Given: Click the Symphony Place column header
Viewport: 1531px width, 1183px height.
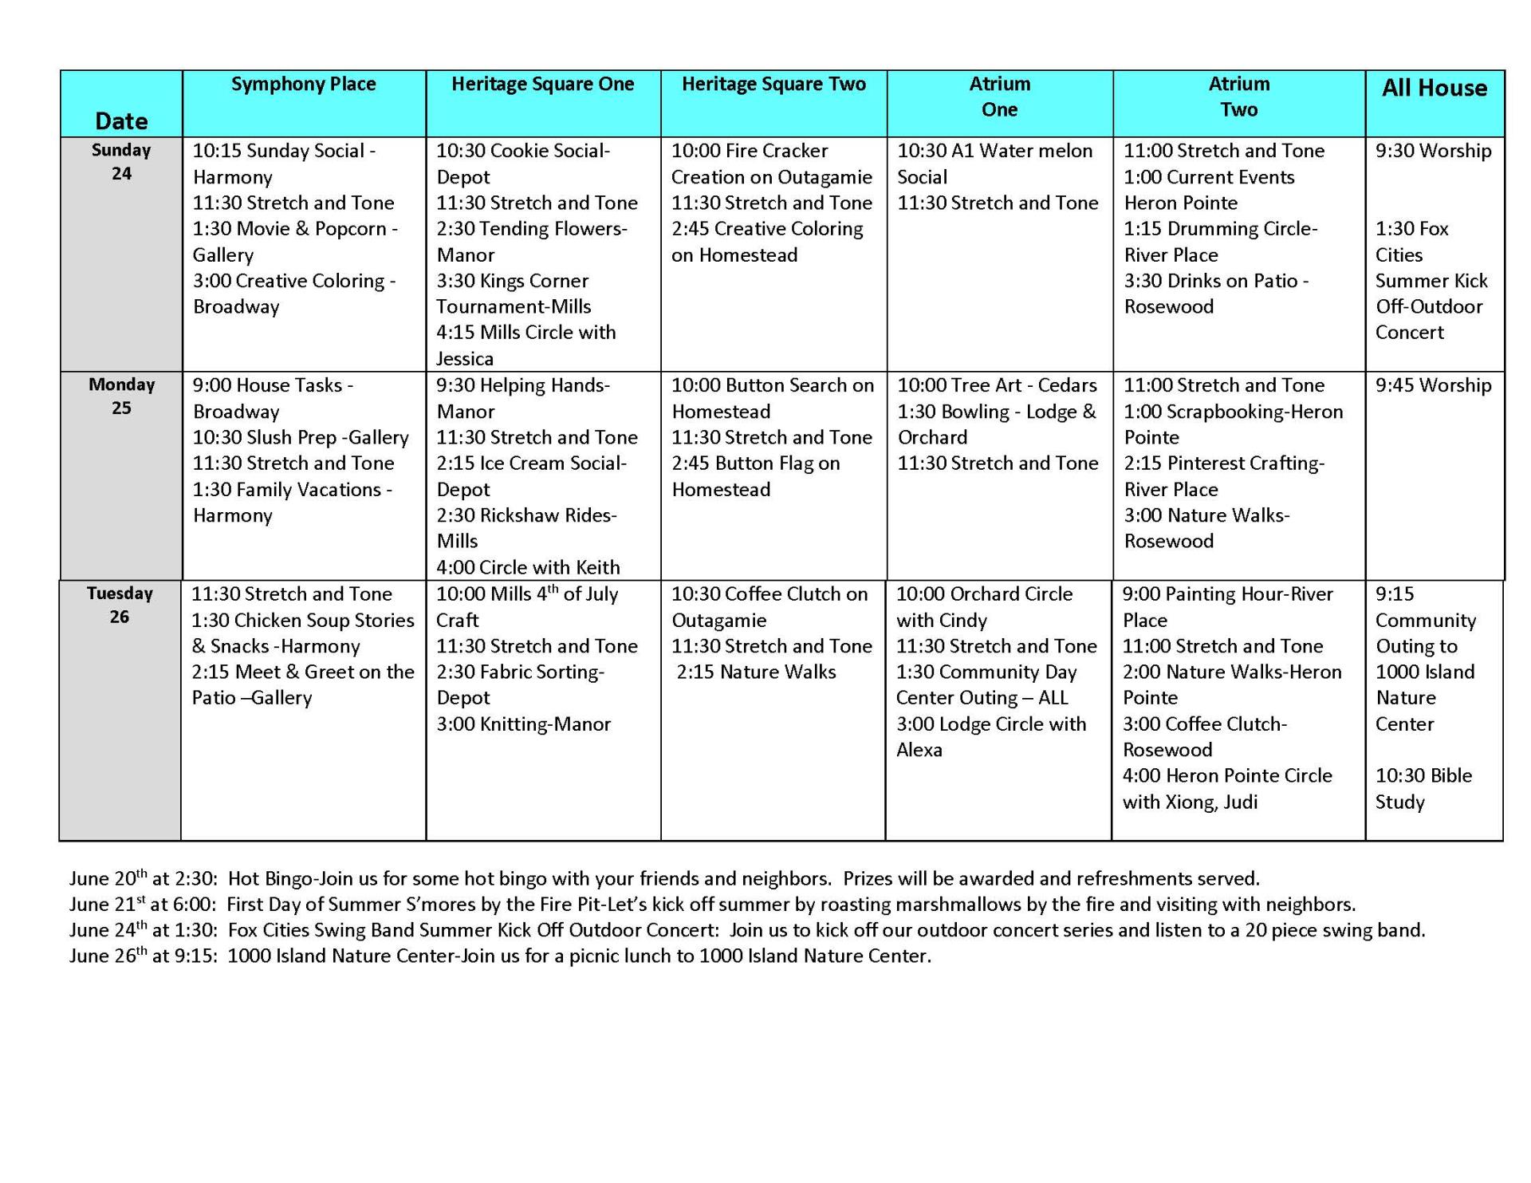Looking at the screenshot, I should [x=303, y=85].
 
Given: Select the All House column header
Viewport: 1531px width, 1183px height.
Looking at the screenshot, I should [x=1434, y=88].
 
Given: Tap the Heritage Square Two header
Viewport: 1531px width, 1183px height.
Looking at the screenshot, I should [x=773, y=85].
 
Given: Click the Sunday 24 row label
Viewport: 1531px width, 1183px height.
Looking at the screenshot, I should [x=121, y=162].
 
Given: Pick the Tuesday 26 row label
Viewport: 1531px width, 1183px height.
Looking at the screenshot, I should [x=120, y=605].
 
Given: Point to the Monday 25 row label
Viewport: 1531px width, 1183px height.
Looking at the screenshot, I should [x=121, y=396].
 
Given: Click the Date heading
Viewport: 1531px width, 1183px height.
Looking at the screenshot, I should [x=121, y=121].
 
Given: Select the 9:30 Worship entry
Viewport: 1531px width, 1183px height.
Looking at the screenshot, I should [x=1433, y=152].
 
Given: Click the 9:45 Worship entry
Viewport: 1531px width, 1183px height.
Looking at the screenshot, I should [x=1433, y=386].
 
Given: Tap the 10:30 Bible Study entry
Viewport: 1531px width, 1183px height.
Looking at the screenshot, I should [x=1423, y=788].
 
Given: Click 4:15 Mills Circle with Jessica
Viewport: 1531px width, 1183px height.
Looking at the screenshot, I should [x=525, y=345].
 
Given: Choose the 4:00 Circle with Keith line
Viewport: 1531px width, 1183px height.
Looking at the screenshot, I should [x=528, y=567].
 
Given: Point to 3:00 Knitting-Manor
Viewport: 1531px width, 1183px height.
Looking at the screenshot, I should [x=523, y=724].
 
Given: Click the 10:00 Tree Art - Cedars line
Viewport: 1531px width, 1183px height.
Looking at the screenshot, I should [x=997, y=386].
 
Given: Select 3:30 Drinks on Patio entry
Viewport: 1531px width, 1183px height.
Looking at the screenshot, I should [x=1215, y=294].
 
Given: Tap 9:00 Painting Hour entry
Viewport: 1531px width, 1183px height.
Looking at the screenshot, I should [x=1227, y=607].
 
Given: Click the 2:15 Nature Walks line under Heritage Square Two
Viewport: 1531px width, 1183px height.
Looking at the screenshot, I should [x=756, y=672].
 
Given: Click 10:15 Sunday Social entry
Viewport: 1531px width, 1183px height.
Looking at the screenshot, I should [x=284, y=164].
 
